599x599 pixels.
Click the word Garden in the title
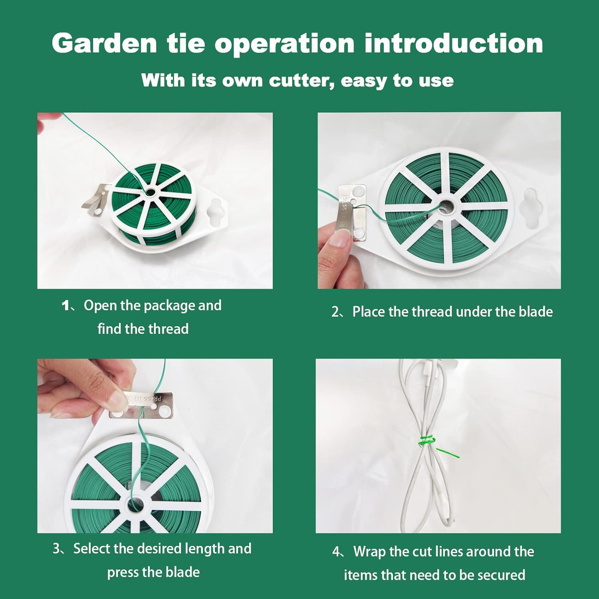click(104, 43)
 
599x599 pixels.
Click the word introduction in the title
click(454, 43)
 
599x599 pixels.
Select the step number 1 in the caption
click(66, 306)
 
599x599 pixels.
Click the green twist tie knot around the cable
click(427, 441)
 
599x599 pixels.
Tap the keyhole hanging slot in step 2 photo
click(534, 208)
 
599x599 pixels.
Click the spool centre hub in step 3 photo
click(136, 505)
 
